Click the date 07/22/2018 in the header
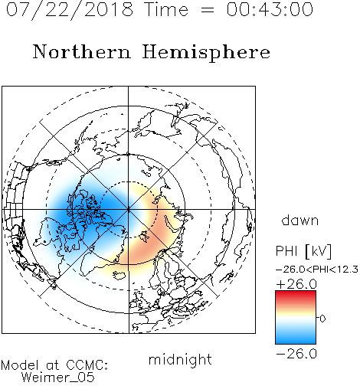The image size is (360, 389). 70,10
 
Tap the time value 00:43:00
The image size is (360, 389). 270,9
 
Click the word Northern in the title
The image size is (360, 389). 82,51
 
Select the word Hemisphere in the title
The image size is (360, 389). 206,52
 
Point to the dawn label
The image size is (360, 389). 300,220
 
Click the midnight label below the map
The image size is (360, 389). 180,359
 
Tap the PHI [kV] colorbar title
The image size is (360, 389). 303,251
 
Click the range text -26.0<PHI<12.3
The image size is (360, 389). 317,270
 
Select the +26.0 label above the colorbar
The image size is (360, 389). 296,284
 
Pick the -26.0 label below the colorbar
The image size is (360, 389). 296,354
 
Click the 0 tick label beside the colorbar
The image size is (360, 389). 322,319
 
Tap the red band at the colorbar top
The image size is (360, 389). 296,296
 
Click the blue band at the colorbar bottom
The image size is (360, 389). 296,338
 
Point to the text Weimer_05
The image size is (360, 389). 58,378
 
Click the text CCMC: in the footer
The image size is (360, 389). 87,365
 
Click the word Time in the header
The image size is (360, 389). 166,9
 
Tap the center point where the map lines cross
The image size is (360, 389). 129,209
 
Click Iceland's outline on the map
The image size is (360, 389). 119,275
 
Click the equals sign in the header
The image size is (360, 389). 207,10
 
